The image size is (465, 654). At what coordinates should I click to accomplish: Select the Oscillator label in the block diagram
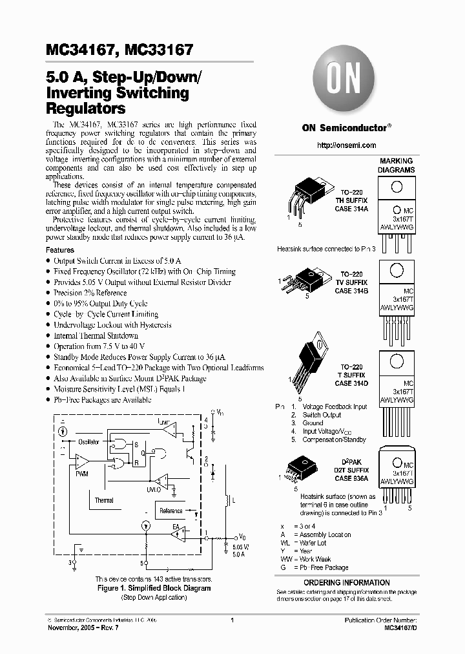pos(88,442)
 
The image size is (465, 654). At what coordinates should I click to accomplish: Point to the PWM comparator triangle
pos(82,461)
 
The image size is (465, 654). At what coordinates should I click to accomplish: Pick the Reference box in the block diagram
pos(170,511)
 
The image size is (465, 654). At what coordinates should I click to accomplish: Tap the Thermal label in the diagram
pos(104,500)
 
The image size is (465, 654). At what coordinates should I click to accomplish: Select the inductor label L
pos(234,501)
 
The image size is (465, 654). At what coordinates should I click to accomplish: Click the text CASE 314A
pos(351,209)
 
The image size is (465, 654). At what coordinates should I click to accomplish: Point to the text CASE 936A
pos(351,478)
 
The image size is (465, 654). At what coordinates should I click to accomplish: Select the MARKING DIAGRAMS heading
pos(397,165)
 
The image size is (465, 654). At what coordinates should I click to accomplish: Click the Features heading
pos(60,249)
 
